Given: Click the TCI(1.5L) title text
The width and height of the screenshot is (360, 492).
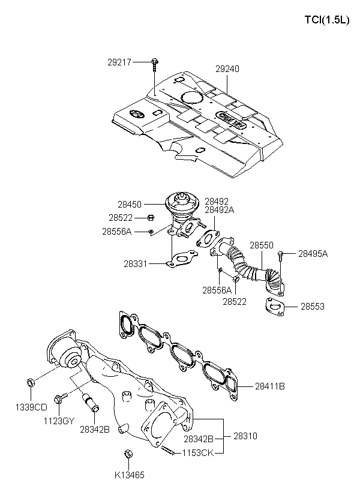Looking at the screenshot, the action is point(327,20).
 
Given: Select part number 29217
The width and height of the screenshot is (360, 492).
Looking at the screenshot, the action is point(119,62).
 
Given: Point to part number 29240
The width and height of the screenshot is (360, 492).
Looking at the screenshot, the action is point(227,69).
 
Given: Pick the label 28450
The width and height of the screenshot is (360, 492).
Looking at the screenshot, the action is point(130,205).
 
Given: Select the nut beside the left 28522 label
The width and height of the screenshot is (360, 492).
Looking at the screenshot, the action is point(151,217).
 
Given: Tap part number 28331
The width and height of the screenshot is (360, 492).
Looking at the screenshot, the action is point(135,264).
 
